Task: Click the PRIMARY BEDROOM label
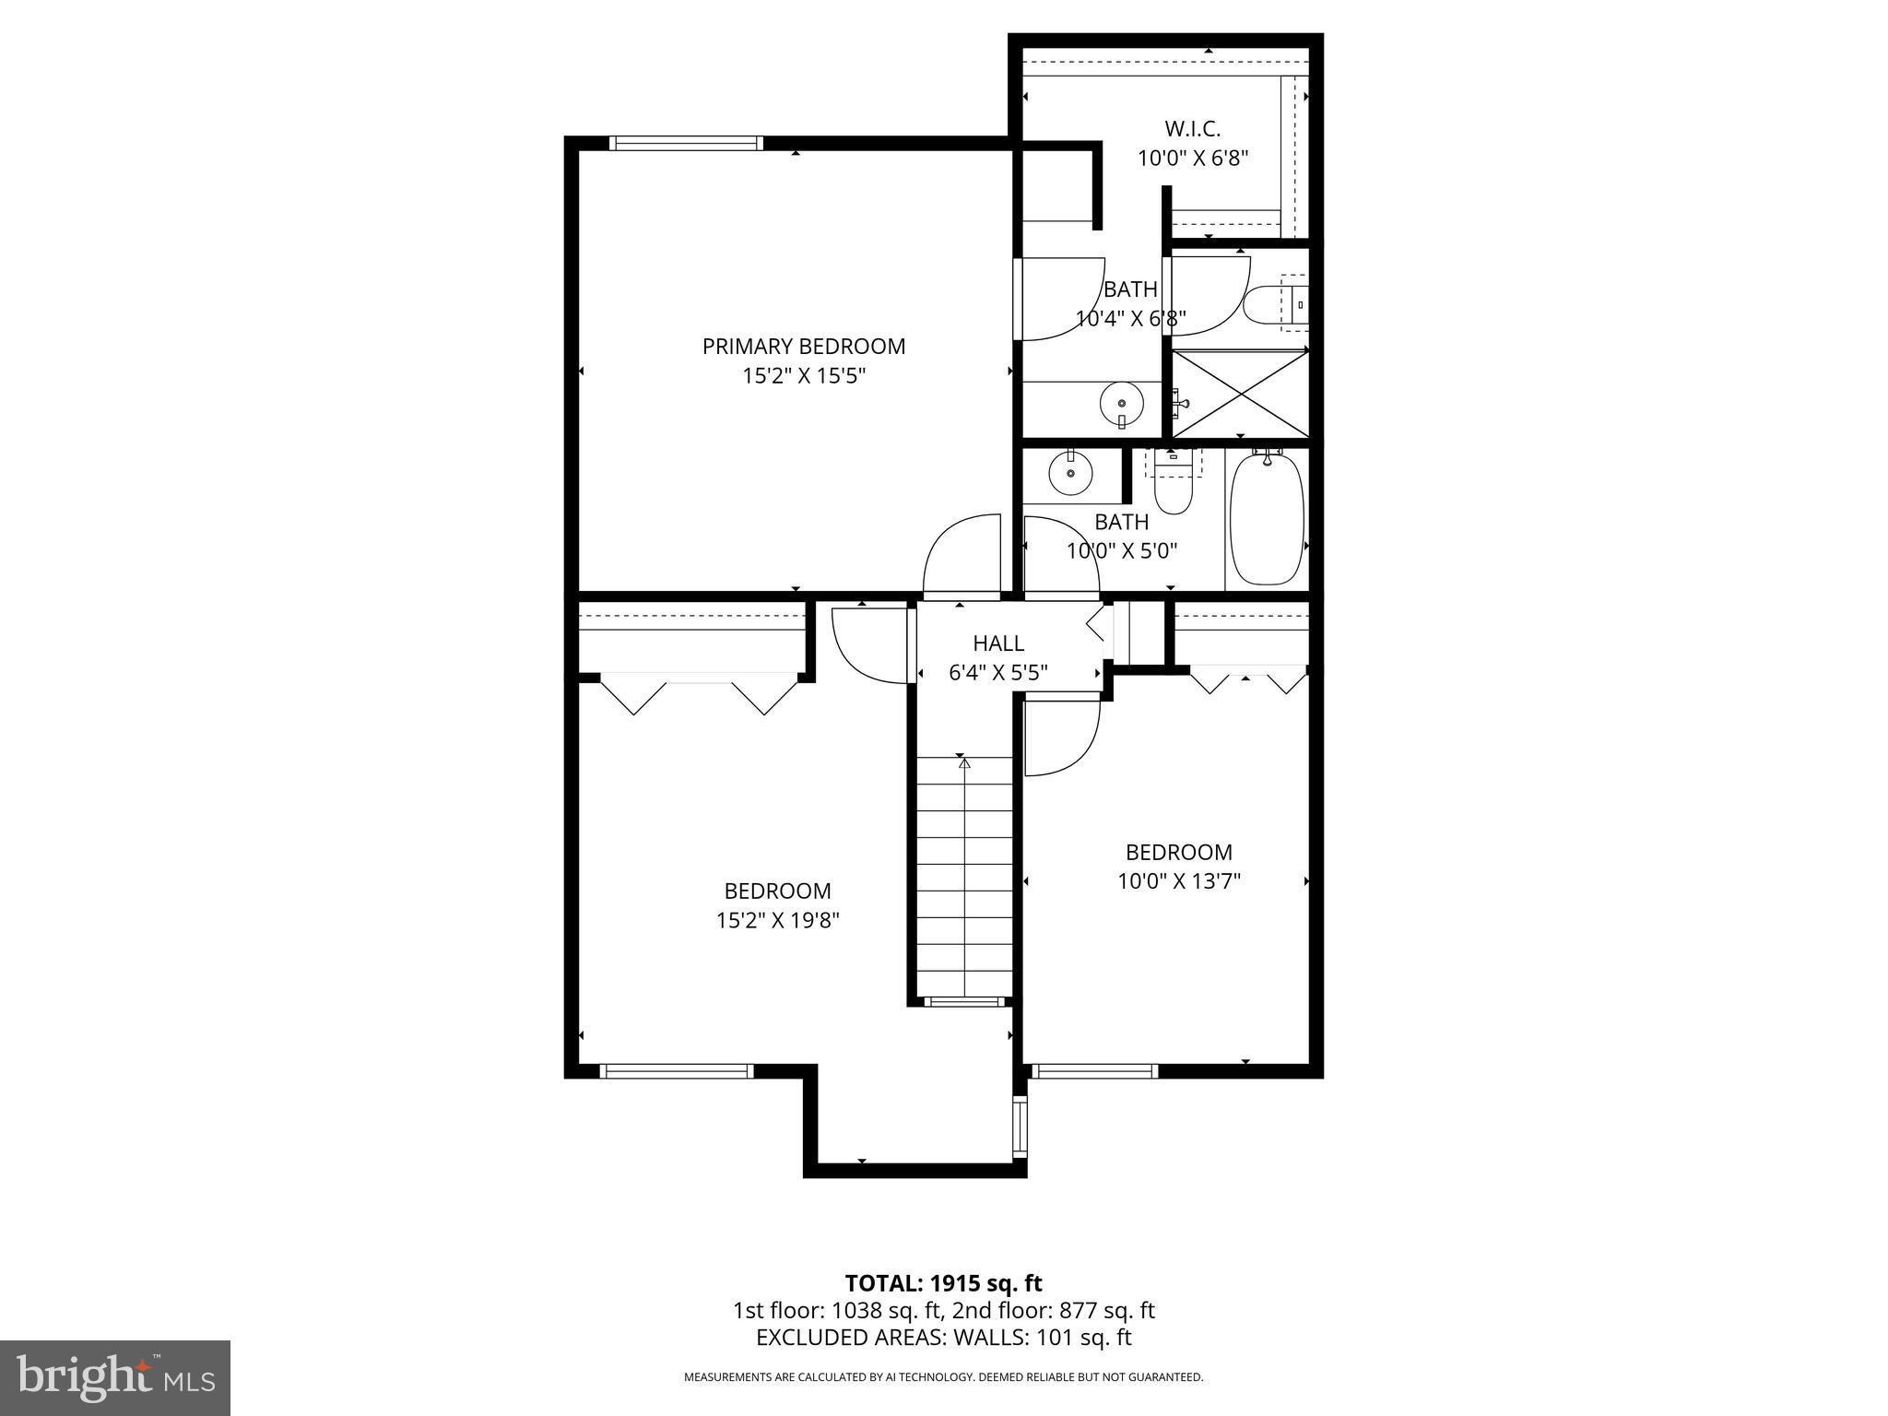click(x=803, y=346)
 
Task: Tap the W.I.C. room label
click(x=1192, y=128)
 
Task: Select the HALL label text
click(x=998, y=643)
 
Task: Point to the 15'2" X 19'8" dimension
click(x=777, y=920)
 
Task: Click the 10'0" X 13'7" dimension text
click(x=1178, y=880)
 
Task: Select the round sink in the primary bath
click(x=1121, y=403)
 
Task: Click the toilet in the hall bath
click(x=1174, y=489)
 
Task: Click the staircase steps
click(x=963, y=876)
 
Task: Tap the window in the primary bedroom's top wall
click(x=686, y=143)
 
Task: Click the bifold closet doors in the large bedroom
click(x=698, y=691)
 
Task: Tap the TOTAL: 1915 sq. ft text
click(x=943, y=1283)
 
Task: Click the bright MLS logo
click(x=115, y=1377)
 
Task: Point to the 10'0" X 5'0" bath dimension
click(x=1121, y=551)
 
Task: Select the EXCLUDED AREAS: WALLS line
click(x=943, y=1338)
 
